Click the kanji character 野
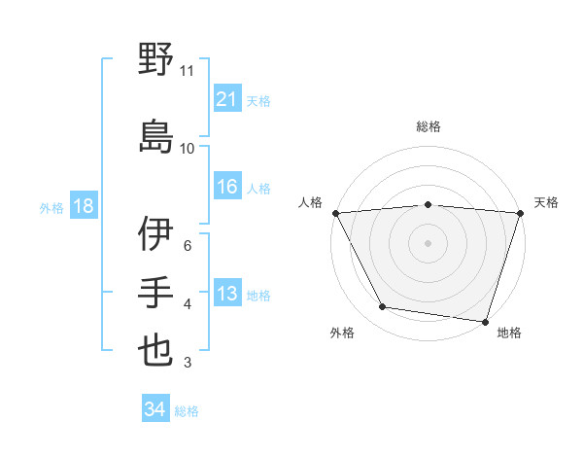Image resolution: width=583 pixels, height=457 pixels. pyautogui.click(x=155, y=59)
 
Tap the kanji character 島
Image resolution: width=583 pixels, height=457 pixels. pyautogui.click(x=155, y=135)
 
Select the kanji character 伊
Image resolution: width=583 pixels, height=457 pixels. pyautogui.click(x=155, y=233)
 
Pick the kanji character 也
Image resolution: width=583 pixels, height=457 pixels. pyautogui.click(x=155, y=350)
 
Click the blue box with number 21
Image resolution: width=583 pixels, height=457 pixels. pyautogui.click(x=227, y=98)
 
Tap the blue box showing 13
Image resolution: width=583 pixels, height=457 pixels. pyautogui.click(x=227, y=293)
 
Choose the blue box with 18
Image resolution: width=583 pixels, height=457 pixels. pyautogui.click(x=83, y=205)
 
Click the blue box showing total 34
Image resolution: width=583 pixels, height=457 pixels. pyautogui.click(x=155, y=409)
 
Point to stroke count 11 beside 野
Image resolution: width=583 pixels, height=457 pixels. pyautogui.click(x=188, y=71)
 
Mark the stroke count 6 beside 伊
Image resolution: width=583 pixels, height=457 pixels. pyautogui.click(x=188, y=246)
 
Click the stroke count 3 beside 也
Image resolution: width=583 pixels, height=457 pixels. pyautogui.click(x=188, y=363)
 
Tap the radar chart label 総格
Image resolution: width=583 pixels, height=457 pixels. pyautogui.click(x=429, y=126)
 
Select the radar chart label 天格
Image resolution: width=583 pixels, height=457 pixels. pyautogui.click(x=546, y=202)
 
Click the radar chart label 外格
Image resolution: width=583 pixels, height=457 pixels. pyautogui.click(x=342, y=333)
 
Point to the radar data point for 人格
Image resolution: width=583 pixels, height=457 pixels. pyautogui.click(x=335, y=213)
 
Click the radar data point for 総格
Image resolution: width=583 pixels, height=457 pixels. pyautogui.click(x=429, y=204)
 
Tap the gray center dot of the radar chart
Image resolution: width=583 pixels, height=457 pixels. pyautogui.click(x=429, y=243)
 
